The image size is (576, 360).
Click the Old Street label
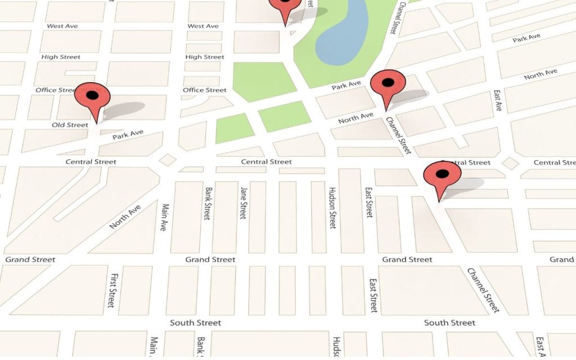pos(70,125)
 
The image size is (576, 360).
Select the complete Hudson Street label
pos(332,208)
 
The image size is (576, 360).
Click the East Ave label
pos(497,100)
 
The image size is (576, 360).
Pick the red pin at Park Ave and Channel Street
pos(388,84)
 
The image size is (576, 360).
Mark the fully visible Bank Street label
pos(208,203)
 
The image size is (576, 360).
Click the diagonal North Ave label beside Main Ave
pos(125,217)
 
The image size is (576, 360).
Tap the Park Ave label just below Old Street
pos(128,134)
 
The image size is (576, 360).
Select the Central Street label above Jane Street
pos(266,162)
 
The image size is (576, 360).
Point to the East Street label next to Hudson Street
pos(369,202)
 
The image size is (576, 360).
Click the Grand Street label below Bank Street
pos(210,259)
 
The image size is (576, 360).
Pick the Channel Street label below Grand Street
pos(483,290)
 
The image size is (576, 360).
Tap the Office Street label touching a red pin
pos(55,90)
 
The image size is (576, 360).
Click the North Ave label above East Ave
pos(541,74)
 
